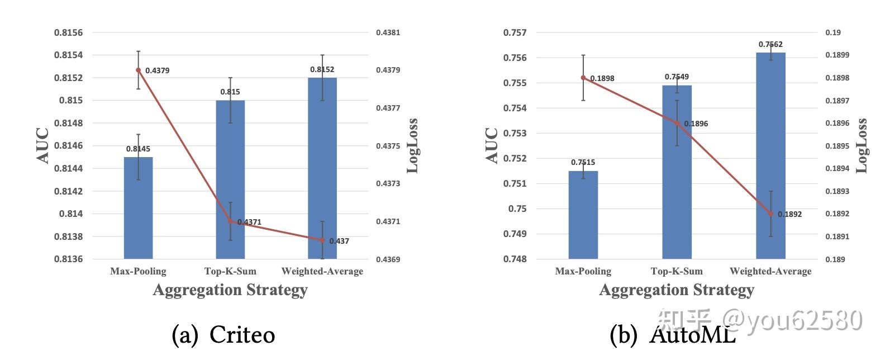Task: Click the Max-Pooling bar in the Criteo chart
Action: coord(138,208)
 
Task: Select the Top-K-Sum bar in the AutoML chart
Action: coord(677,172)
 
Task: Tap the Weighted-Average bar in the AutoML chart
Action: coord(770,156)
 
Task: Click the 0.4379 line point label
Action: coord(157,70)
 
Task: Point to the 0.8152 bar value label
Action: coord(322,69)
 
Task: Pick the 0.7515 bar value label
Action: coord(583,163)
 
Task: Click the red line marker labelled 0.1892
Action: coord(771,214)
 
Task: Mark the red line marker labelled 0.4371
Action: coord(230,221)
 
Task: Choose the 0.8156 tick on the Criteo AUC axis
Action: coord(68,32)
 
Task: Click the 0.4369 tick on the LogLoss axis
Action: coord(388,259)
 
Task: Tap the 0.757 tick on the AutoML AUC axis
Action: coord(515,32)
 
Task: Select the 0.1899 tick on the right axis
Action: coord(837,55)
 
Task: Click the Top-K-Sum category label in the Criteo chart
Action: coord(230,271)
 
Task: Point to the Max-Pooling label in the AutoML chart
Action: coord(583,271)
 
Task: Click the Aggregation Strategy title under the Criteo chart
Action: coord(230,290)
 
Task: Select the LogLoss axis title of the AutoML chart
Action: coord(862,145)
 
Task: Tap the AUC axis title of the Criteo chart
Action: coord(44,145)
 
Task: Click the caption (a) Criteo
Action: coord(223,335)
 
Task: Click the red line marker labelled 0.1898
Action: coord(583,78)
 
